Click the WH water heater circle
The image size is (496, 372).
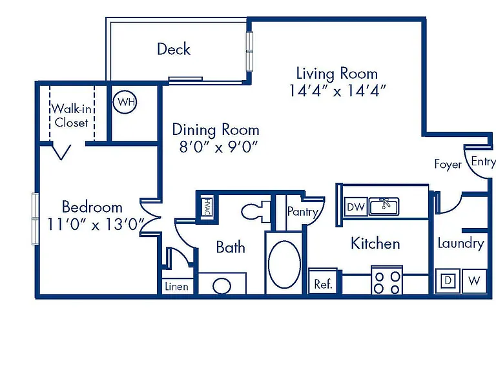125,102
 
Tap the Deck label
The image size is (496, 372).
174,49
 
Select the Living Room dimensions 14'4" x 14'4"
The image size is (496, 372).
338,90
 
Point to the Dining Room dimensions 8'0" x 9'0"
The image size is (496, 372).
218,147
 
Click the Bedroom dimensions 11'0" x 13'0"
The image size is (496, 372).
95,224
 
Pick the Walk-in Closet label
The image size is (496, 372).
72,116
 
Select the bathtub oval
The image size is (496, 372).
284,264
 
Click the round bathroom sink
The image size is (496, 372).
222,286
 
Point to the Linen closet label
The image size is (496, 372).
176,287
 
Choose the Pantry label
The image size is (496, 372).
303,212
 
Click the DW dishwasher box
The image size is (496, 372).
356,207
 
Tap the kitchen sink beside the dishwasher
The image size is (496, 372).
384,207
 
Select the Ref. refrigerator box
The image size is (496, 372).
323,282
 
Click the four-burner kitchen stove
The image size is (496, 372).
387,280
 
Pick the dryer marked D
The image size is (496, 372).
448,280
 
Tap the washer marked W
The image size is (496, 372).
474,281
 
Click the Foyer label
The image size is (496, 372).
448,164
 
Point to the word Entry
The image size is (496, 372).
483,161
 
